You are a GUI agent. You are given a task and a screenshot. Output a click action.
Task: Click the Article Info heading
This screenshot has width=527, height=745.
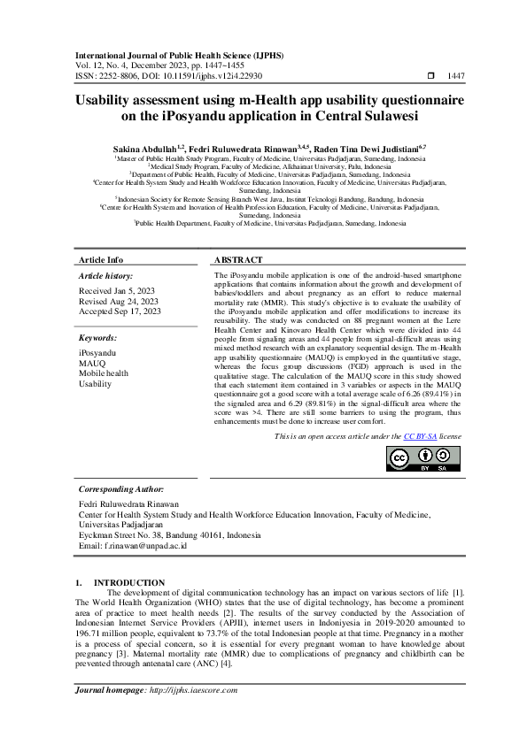pos(102,260)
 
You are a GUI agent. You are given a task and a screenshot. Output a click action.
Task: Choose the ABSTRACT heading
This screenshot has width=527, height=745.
pos(238,260)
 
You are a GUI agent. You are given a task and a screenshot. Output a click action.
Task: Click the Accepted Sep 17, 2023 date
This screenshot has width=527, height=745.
pos(120,311)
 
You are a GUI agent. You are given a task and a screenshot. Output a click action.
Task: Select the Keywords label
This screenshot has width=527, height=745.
pos(99,338)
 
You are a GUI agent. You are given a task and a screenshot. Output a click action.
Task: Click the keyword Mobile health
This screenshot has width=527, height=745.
pos(104,373)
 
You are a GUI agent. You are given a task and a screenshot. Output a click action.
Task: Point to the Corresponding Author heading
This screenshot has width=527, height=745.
pos(120,488)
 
